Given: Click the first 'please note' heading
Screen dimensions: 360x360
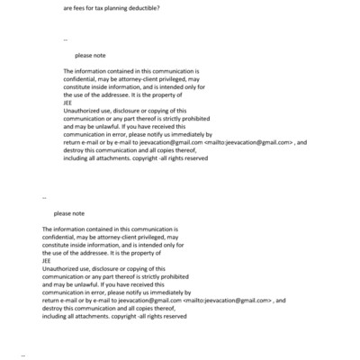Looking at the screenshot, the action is click(91, 55).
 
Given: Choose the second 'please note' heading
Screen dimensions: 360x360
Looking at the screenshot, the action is click(69, 213).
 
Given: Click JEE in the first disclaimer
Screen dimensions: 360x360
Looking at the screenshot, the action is click(68, 101).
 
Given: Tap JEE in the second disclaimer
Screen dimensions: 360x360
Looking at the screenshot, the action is click(47, 259).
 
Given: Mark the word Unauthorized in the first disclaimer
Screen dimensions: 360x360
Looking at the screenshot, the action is click(84, 109).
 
